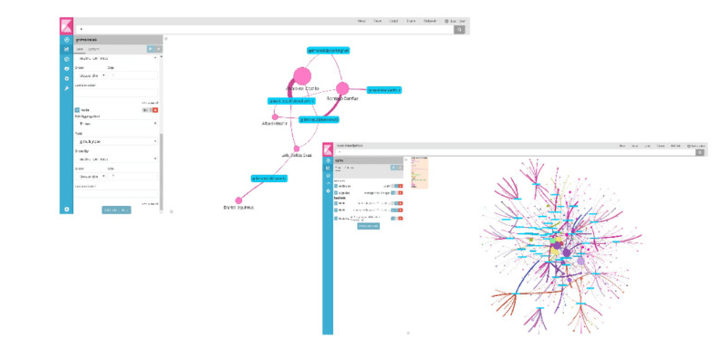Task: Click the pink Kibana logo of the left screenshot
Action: (x=66, y=26)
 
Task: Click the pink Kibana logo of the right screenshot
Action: (x=328, y=148)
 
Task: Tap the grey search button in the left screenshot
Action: (x=460, y=29)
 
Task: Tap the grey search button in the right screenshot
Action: (x=700, y=152)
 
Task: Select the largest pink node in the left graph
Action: (x=302, y=76)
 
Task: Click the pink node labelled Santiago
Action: (x=342, y=88)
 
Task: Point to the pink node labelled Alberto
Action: (x=275, y=117)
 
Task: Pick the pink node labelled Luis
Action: (x=296, y=148)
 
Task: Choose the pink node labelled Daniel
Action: (x=238, y=200)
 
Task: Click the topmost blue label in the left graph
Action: (x=328, y=51)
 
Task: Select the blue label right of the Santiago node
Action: (x=384, y=90)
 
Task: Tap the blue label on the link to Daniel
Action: (x=269, y=178)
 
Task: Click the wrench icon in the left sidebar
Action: (x=67, y=88)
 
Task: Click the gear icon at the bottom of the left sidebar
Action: (x=67, y=209)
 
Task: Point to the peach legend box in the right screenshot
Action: (x=419, y=172)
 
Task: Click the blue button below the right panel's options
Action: (x=369, y=226)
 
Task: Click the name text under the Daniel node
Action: (x=238, y=207)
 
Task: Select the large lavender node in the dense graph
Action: (x=581, y=261)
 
